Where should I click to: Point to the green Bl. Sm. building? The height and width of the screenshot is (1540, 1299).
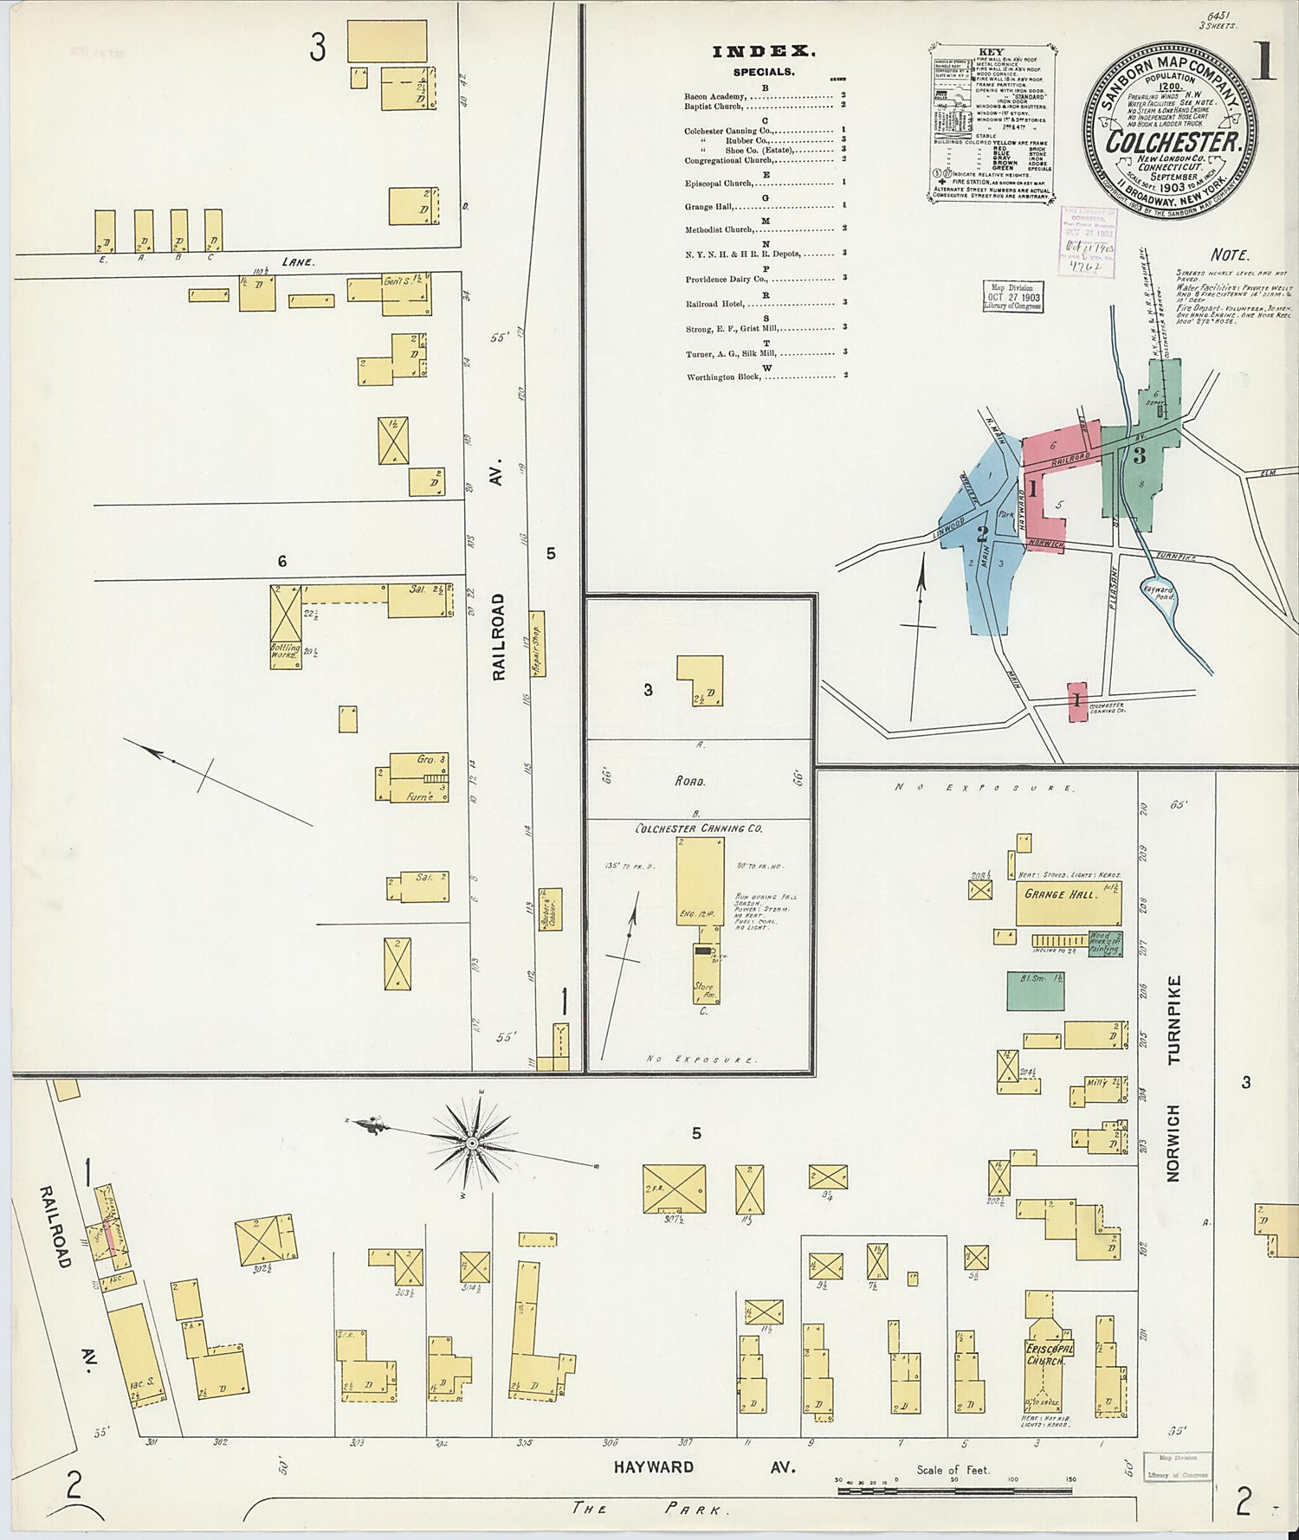tap(1035, 990)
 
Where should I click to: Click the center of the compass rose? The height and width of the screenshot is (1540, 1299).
tap(472, 1144)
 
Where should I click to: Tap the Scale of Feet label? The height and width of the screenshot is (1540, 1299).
tap(953, 1470)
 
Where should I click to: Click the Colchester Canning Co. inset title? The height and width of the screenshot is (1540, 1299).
tap(698, 828)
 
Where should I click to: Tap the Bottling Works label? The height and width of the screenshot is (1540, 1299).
tap(285, 651)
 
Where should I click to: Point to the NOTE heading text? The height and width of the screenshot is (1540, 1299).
tap(1229, 255)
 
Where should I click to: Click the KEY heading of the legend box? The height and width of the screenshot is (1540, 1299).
tap(991, 52)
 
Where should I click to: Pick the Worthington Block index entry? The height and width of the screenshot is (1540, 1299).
tap(723, 377)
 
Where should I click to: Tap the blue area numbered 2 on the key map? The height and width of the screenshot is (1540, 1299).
tap(982, 532)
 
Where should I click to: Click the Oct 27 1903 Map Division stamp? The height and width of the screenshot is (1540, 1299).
tap(1012, 297)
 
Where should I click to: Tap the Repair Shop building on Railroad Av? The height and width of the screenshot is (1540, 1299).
tap(538, 649)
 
